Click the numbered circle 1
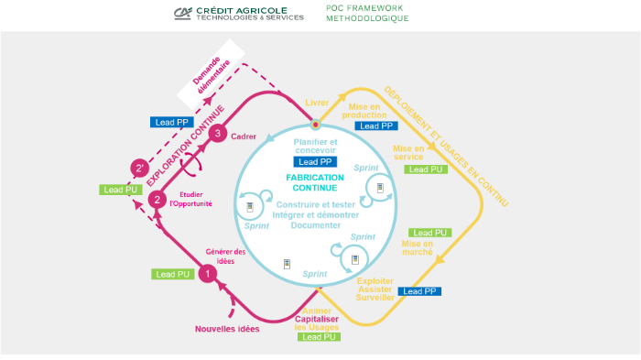(207, 272)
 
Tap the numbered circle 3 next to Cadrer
(217, 134)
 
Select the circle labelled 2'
(139, 169)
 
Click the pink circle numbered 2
(158, 199)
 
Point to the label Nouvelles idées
(227, 329)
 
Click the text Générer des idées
(225, 256)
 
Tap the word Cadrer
(244, 136)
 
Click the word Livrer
(316, 103)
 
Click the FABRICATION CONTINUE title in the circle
(315, 182)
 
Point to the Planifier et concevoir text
(315, 147)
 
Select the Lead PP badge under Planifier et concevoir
(315, 162)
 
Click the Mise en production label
(364, 110)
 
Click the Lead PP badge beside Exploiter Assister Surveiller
(421, 291)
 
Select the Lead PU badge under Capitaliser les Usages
(319, 336)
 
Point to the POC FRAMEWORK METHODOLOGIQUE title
(367, 13)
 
